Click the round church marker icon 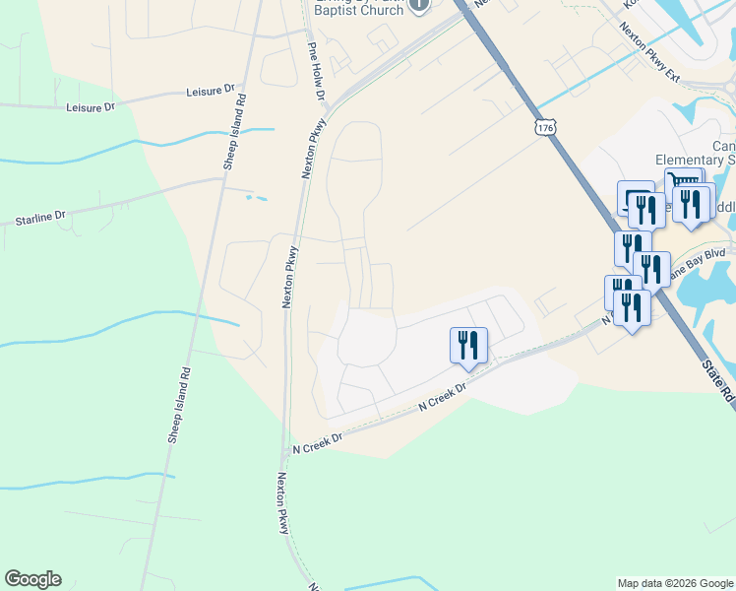pyautogui.click(x=419, y=5)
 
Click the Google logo pyautogui.click(x=32, y=579)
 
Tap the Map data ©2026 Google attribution pyautogui.click(x=675, y=583)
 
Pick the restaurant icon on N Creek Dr pyautogui.click(x=468, y=346)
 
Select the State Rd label pyautogui.click(x=718, y=379)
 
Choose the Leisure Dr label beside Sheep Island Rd pyautogui.click(x=91, y=106)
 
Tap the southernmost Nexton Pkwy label pyautogui.click(x=282, y=502)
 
